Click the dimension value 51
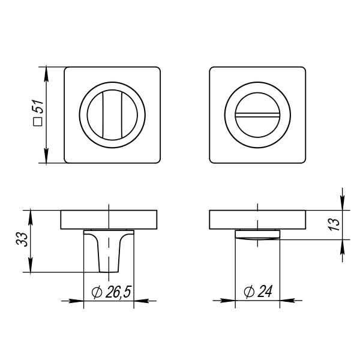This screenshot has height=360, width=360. [38, 107]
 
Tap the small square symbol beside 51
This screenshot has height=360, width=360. [38, 121]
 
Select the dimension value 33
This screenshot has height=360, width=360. [22, 239]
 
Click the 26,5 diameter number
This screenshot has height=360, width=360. [118, 292]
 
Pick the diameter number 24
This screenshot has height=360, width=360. [265, 292]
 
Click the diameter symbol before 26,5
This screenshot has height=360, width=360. [97, 292]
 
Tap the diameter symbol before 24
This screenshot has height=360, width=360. [249, 292]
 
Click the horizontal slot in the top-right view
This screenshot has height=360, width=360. [257, 115]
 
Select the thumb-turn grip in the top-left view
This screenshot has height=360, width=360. [112, 115]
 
